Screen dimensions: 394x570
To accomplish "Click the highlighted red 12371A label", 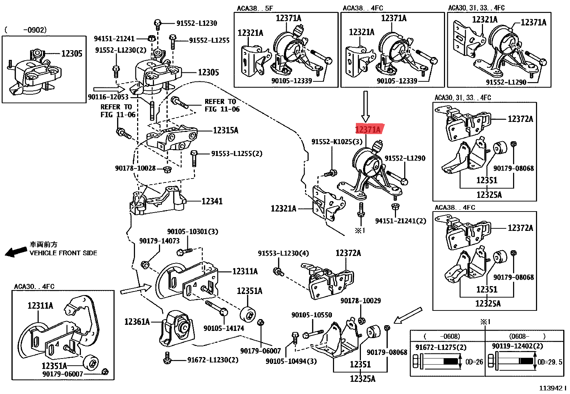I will (368, 129).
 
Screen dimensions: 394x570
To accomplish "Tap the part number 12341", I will (212, 201).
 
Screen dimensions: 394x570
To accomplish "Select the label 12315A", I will (226, 130).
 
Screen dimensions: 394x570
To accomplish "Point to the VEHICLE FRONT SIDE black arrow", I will (15, 252).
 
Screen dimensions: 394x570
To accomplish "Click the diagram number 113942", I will (551, 388).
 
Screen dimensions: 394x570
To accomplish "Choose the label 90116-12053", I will (108, 97).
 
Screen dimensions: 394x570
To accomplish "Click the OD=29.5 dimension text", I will (550, 362).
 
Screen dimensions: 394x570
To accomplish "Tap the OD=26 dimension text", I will (474, 362).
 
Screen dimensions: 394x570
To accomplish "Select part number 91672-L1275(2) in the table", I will (441, 347).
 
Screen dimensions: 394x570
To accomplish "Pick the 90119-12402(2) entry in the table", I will (517, 346).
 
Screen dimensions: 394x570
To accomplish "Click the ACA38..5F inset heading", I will (255, 8).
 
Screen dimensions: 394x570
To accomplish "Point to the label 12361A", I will (137, 322).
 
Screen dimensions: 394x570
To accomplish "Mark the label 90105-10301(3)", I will (193, 232).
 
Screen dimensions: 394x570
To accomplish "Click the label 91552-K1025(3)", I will (337, 142).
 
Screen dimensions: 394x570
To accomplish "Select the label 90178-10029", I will (361, 301).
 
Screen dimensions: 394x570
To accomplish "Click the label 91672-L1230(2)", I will (213, 360).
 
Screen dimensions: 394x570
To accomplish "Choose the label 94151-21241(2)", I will (401, 221).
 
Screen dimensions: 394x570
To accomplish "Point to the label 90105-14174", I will (224, 328).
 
